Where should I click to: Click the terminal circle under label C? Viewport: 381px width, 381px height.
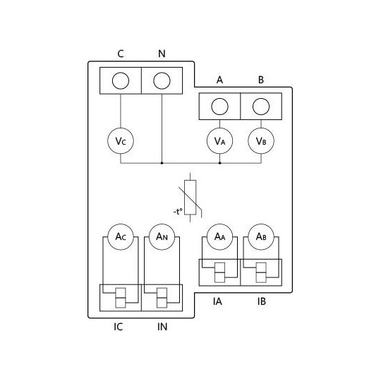[x=121, y=80]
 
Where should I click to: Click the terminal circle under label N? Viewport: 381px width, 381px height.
[x=162, y=80]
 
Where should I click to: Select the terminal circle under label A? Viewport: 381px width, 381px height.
[x=219, y=107]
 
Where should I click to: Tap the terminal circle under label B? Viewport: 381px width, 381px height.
[x=260, y=107]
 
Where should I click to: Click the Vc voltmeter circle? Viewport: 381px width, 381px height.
[x=121, y=141]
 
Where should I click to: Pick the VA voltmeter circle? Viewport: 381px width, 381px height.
[x=219, y=141]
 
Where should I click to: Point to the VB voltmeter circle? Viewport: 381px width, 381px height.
[x=260, y=141]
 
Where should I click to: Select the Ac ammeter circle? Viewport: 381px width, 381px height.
[x=121, y=236]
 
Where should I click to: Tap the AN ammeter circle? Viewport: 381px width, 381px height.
[x=162, y=236]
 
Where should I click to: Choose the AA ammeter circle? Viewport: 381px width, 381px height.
[x=219, y=236]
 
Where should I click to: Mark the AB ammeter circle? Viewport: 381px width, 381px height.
[x=260, y=236]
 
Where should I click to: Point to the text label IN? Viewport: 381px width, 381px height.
[x=162, y=327]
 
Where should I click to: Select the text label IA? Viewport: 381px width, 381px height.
[x=219, y=301]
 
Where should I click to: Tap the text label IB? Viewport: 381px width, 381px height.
[x=260, y=301]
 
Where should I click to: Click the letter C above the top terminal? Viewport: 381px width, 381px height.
[x=121, y=54]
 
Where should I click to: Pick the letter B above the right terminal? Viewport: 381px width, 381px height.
[x=260, y=80]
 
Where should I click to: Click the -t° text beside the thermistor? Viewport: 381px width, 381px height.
[x=177, y=210]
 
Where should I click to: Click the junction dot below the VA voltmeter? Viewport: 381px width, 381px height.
[x=219, y=162]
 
